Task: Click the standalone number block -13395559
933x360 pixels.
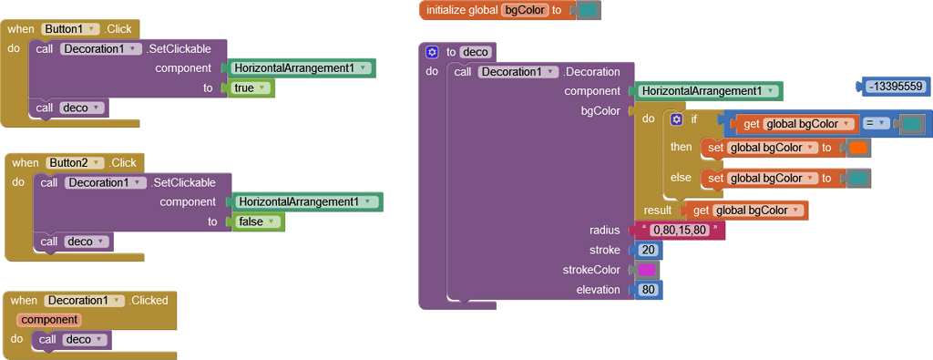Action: (x=895, y=87)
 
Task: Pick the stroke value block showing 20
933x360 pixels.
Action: (x=649, y=250)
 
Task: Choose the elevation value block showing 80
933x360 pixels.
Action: (x=649, y=290)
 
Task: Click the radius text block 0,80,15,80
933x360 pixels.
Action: (x=682, y=230)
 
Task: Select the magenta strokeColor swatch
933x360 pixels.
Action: (x=647, y=270)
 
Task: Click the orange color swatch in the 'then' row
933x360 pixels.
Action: (x=857, y=148)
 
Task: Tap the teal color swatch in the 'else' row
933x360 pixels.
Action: (x=857, y=178)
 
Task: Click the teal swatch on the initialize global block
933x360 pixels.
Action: (x=588, y=11)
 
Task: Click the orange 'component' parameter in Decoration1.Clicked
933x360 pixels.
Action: (x=49, y=320)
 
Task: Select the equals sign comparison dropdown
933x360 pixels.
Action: (x=876, y=123)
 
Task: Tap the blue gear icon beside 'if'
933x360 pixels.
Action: (x=676, y=119)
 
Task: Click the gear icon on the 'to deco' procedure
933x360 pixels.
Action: (x=432, y=52)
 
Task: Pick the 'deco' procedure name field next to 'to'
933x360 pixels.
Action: (x=476, y=52)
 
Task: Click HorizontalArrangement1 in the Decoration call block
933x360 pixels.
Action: (x=707, y=91)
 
